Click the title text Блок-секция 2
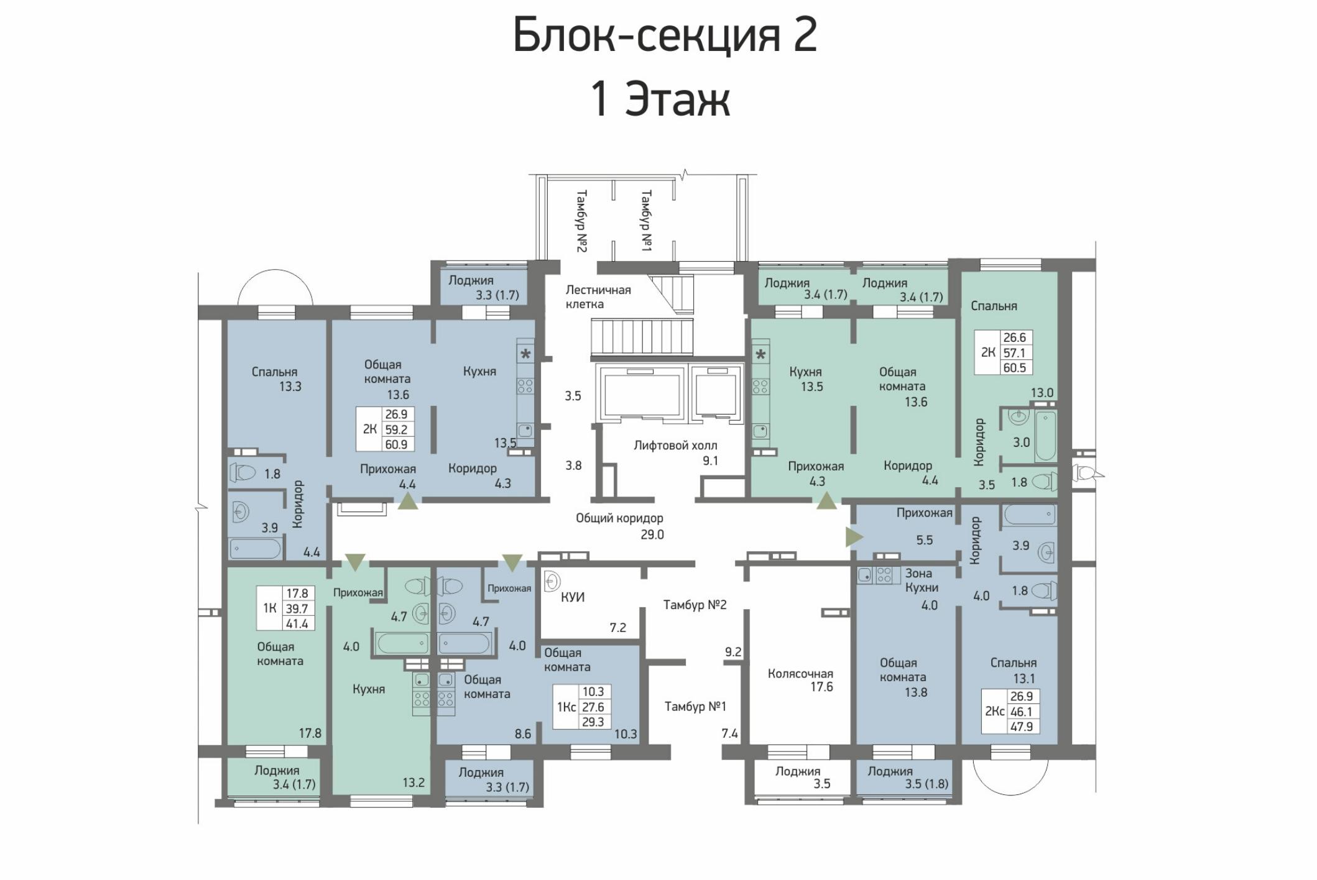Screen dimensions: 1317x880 coord(665,35)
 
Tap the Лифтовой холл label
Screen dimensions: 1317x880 coord(675,445)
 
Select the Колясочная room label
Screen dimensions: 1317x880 coord(800,673)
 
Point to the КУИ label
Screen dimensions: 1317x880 coord(573,597)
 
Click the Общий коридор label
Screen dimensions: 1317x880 coord(619,518)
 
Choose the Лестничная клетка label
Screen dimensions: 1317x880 coord(598,296)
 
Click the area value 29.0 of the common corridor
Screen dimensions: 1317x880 coord(652,534)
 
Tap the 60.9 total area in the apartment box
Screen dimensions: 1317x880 coord(396,444)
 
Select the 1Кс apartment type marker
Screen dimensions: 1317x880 coord(566,707)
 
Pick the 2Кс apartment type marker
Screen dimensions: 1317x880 coord(994,711)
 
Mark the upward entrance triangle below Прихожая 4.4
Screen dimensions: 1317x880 coord(408,501)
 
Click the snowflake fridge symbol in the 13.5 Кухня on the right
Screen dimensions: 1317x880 coord(760,355)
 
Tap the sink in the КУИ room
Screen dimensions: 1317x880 coord(551,582)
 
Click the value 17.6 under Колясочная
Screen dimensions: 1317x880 coord(821,687)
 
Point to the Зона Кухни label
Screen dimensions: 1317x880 coord(922,580)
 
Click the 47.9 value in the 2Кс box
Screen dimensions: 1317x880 coord(1022,726)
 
